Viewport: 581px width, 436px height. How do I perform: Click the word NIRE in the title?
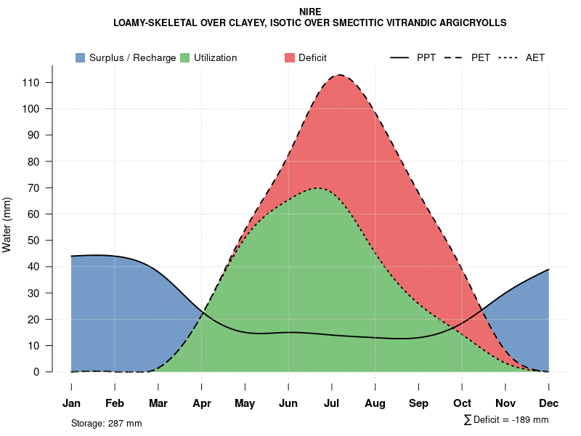(309, 12)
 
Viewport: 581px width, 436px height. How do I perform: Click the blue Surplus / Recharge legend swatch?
(80, 57)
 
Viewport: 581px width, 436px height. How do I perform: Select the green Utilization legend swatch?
(184, 57)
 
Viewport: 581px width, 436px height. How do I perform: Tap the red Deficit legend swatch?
(289, 57)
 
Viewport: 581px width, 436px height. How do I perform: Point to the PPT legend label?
(426, 57)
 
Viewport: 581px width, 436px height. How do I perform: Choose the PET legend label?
(480, 57)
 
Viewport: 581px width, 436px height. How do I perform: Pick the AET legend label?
(535, 57)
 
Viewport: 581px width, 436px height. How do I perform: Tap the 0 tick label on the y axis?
(36, 372)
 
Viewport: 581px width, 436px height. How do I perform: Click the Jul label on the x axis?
(332, 403)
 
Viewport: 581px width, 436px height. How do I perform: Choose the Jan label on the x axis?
(71, 403)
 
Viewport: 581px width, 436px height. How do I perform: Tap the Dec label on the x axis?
(549, 403)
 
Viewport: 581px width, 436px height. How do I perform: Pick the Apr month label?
(202, 403)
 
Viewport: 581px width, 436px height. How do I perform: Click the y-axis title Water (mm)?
(7, 225)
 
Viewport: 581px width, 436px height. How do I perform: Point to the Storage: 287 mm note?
(106, 423)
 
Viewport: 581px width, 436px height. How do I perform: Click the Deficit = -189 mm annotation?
(506, 420)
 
